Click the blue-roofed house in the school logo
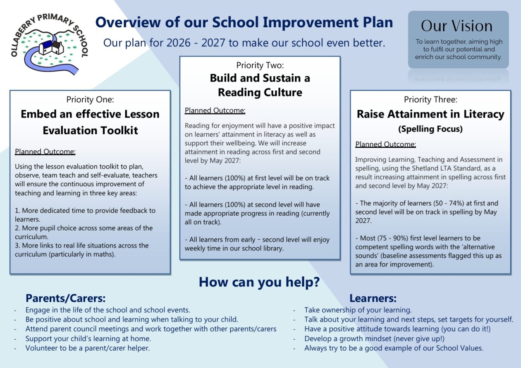coord(45,48)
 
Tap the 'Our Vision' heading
coord(456,26)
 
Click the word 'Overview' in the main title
coord(128,22)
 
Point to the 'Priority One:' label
coord(90,99)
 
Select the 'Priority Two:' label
coord(260,65)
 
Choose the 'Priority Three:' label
coord(430,99)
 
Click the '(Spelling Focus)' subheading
coord(430,129)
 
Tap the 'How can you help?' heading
coord(259,282)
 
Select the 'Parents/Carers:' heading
coord(66,298)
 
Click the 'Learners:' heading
coord(373,298)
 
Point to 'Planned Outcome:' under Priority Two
coord(215,111)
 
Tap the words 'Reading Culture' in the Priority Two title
coord(260,92)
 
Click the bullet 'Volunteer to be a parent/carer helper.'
coord(88,348)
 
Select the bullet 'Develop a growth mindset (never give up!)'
coord(375,339)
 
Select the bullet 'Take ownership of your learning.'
coord(358,310)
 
